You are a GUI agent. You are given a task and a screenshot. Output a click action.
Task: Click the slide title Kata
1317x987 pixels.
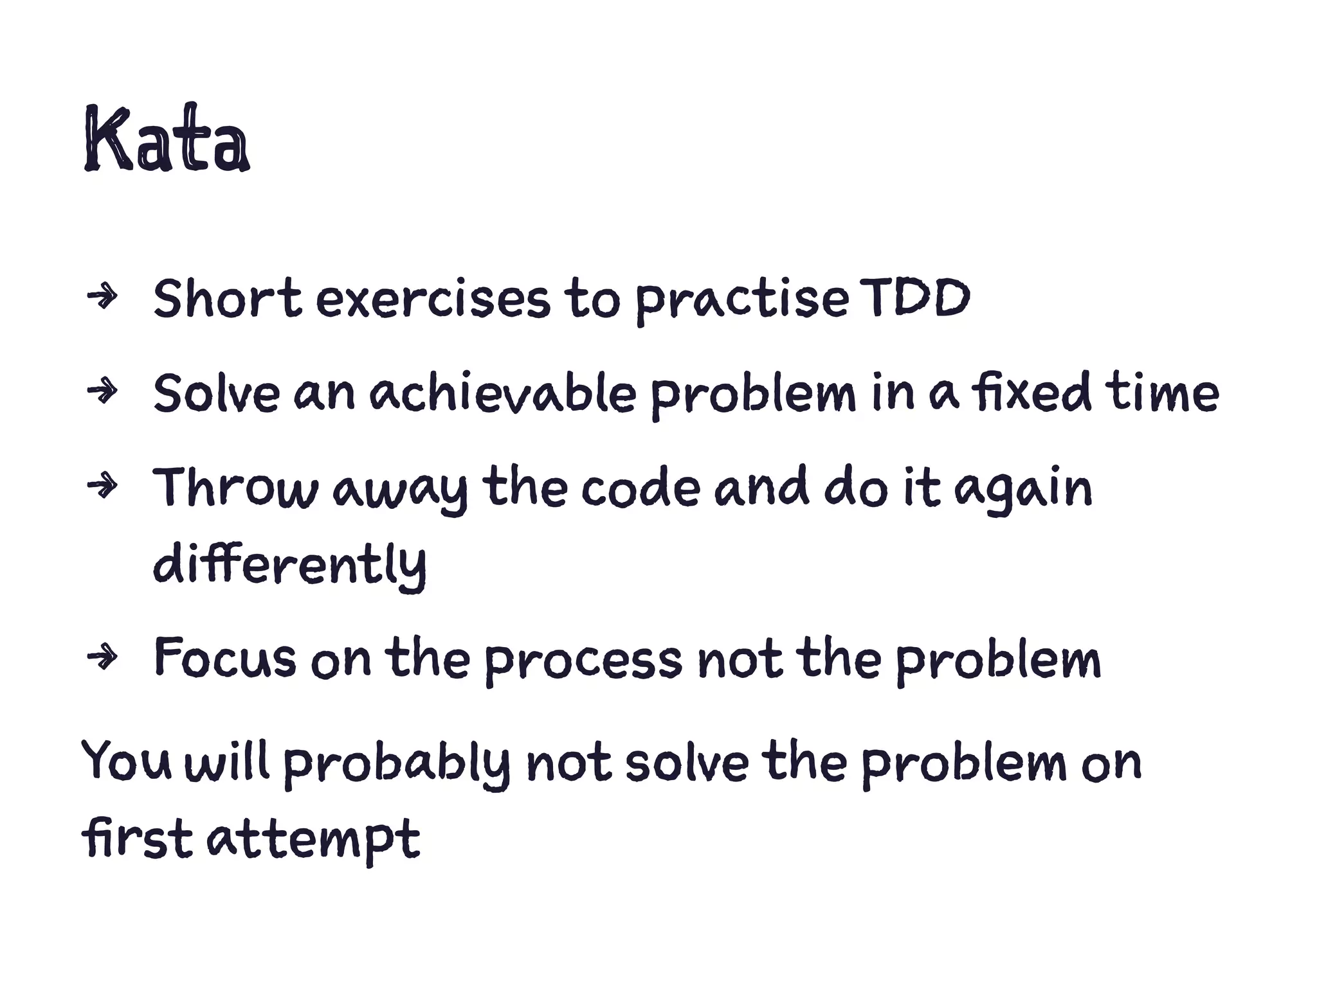[166, 140]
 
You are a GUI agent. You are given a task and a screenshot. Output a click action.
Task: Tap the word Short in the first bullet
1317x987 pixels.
[227, 299]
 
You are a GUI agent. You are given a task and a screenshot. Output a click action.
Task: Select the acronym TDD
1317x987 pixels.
[914, 299]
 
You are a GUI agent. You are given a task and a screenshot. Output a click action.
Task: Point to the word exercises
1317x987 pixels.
[433, 301]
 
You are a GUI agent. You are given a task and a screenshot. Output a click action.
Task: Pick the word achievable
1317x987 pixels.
[502, 393]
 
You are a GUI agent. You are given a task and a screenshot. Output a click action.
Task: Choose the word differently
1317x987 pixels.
[289, 565]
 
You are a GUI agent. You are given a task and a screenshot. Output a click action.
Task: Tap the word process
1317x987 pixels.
[583, 662]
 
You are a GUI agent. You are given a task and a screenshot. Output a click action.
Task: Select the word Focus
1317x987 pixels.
[225, 659]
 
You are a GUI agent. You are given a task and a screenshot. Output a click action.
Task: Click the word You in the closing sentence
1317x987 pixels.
[127, 762]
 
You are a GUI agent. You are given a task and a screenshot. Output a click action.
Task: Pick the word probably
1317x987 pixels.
[396, 765]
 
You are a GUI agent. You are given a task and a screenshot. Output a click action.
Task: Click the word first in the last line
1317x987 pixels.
[137, 839]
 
